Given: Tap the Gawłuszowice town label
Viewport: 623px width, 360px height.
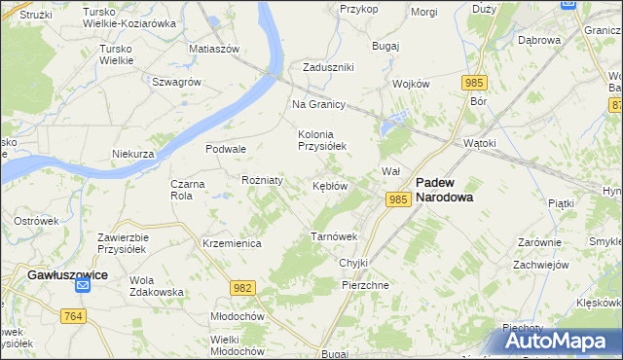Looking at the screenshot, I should click(x=66, y=274).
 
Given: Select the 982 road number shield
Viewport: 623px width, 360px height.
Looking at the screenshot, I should click(x=242, y=287).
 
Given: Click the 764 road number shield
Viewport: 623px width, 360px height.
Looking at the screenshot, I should click(x=72, y=316).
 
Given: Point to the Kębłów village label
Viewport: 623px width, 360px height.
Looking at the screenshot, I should click(x=330, y=186).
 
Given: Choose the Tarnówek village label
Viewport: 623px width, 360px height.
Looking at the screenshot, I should click(x=334, y=236).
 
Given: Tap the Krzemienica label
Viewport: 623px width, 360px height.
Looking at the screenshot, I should click(x=231, y=243).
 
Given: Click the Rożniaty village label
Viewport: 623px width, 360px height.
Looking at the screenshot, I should click(x=262, y=180).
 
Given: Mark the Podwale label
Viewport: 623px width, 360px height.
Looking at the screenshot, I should click(x=225, y=149).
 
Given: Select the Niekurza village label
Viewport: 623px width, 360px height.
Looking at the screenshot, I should click(x=133, y=154).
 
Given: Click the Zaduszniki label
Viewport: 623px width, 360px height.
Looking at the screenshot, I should click(x=327, y=67).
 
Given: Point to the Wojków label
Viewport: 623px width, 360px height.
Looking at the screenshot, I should click(x=411, y=84).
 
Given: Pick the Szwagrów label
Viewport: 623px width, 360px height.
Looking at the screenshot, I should click(x=176, y=82).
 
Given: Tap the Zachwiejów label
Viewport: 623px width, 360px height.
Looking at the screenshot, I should click(x=540, y=264).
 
